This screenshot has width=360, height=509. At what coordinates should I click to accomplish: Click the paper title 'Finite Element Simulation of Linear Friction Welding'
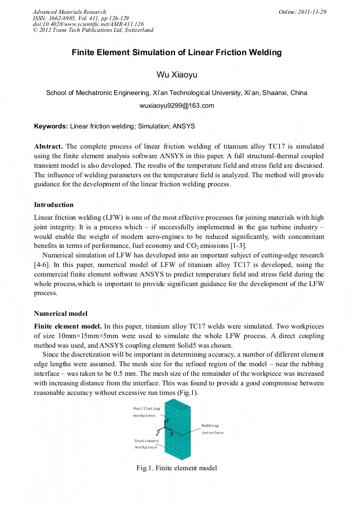(x=176, y=53)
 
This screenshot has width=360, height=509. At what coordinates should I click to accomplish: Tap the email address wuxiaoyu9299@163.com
(x=176, y=106)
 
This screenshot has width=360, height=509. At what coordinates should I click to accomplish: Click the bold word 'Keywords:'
(x=51, y=126)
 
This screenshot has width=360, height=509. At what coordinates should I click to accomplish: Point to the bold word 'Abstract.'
(x=48, y=146)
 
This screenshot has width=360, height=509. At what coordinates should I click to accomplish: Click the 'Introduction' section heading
(x=54, y=204)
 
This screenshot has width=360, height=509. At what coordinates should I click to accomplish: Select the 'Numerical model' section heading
(x=61, y=313)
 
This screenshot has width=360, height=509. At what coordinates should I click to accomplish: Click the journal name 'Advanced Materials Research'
(x=69, y=12)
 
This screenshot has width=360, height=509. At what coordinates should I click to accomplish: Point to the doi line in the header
(x=88, y=24)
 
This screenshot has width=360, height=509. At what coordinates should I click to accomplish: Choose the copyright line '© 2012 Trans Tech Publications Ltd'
(x=93, y=30)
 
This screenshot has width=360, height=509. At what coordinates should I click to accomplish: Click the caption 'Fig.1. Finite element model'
(x=176, y=468)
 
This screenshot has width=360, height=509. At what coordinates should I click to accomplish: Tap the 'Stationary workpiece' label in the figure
(x=145, y=444)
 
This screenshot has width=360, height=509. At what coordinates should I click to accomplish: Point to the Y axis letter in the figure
(x=168, y=421)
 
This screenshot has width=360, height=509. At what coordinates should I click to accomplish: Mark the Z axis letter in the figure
(x=158, y=434)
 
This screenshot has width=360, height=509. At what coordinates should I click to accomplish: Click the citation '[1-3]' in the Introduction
(x=236, y=246)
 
